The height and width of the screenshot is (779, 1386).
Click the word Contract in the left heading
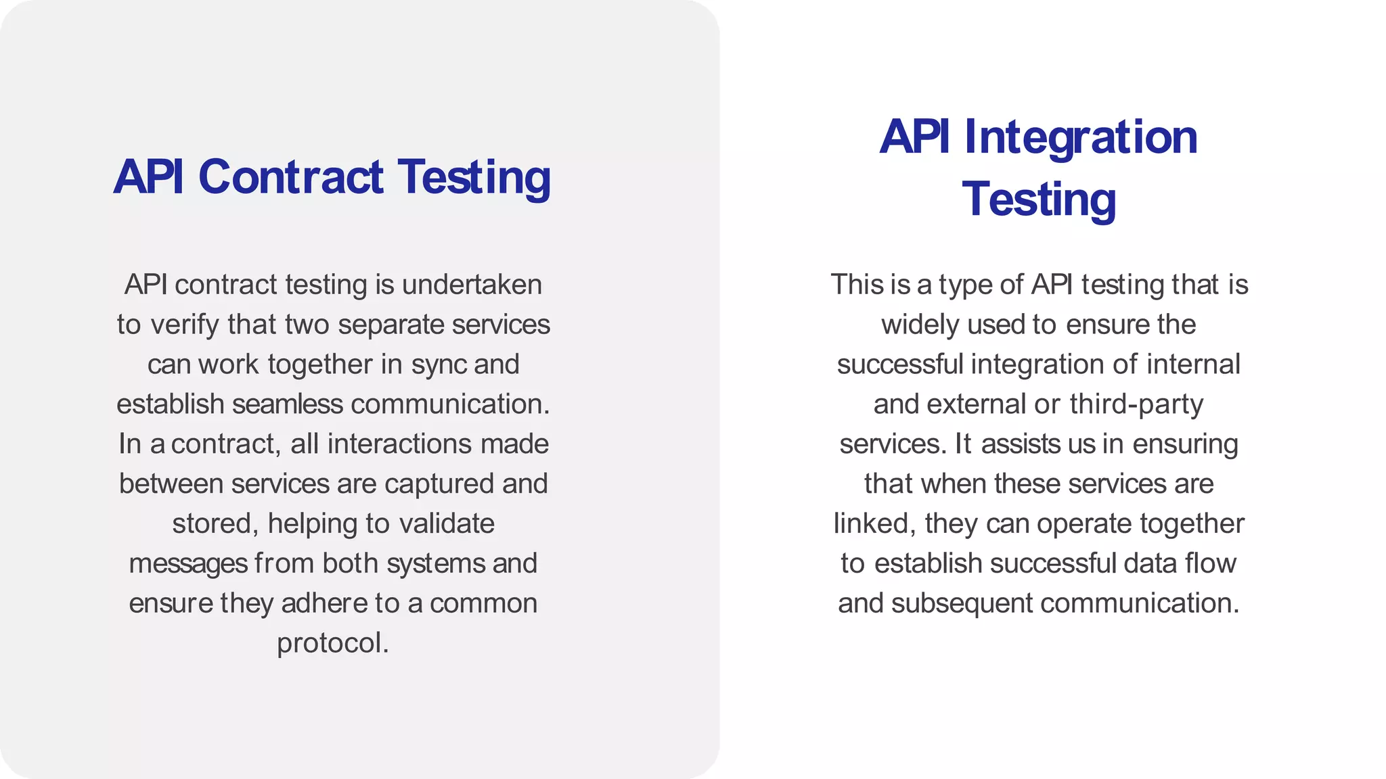[x=291, y=177]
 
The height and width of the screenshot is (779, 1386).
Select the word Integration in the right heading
[x=1081, y=137]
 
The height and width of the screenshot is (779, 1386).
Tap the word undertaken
[x=472, y=285]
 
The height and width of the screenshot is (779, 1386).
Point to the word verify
[x=184, y=325]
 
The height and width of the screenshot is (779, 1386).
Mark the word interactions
[x=399, y=444]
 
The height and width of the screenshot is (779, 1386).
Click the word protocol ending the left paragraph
[x=331, y=643]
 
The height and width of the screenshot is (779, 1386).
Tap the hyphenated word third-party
[x=1136, y=404]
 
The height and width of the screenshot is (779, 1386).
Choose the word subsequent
[x=962, y=603]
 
